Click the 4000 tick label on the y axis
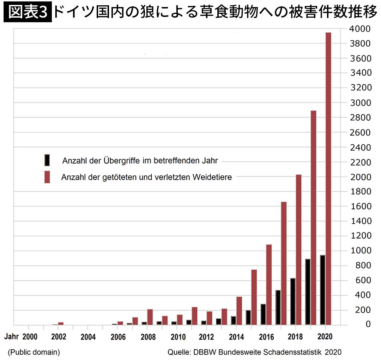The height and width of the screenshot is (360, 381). pyautogui.click(x=359, y=29)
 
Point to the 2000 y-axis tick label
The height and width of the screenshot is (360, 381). pyautogui.click(x=359, y=176)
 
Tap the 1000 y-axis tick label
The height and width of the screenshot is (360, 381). pyautogui.click(x=359, y=251)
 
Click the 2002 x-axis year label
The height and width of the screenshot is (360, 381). pyautogui.click(x=59, y=336)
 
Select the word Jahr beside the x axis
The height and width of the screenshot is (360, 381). pyautogui.click(x=12, y=336)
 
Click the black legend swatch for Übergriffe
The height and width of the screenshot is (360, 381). pyautogui.click(x=47, y=160)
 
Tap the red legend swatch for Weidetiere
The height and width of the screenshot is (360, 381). pyautogui.click(x=47, y=177)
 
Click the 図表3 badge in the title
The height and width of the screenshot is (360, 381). pyautogui.click(x=28, y=13)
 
